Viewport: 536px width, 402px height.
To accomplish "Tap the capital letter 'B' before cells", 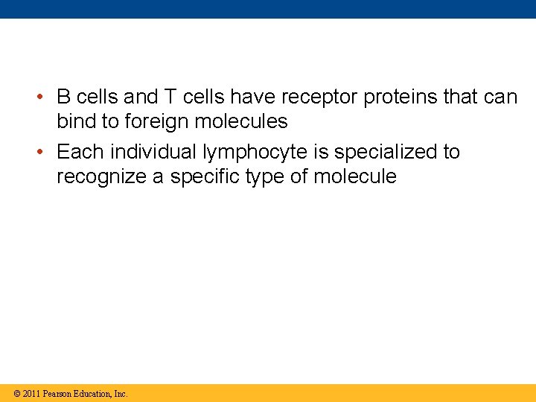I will click(x=64, y=98).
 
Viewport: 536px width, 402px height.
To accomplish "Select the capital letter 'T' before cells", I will click(x=169, y=98).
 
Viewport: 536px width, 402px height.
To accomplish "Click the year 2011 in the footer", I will click(x=31, y=393).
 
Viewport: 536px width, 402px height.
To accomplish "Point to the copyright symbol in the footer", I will click(x=16, y=393).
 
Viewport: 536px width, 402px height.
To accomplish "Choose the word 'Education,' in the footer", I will click(x=94, y=393).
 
